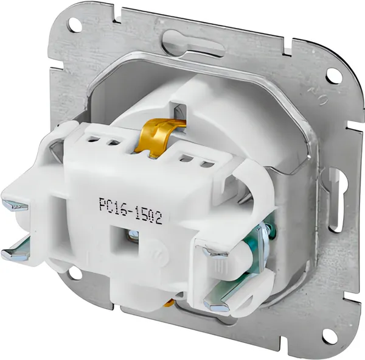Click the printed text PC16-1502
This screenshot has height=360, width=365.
click(x=130, y=211)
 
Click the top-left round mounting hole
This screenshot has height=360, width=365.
click(x=75, y=25)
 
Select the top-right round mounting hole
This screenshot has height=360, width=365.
click(x=333, y=75)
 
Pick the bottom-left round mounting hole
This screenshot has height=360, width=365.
click(x=75, y=274)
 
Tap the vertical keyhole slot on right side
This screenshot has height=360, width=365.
click(x=336, y=200)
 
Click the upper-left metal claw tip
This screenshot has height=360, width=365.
click(x=15, y=205)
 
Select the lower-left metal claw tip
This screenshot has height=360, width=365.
click(x=14, y=254)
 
